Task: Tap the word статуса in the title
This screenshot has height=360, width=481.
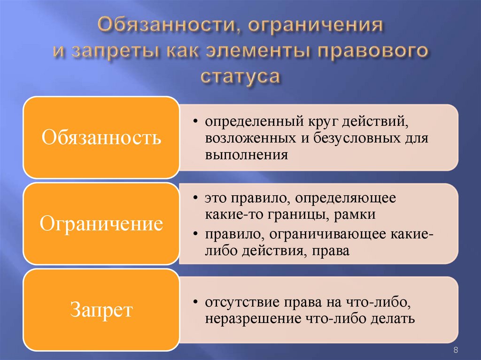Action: [240, 75]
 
